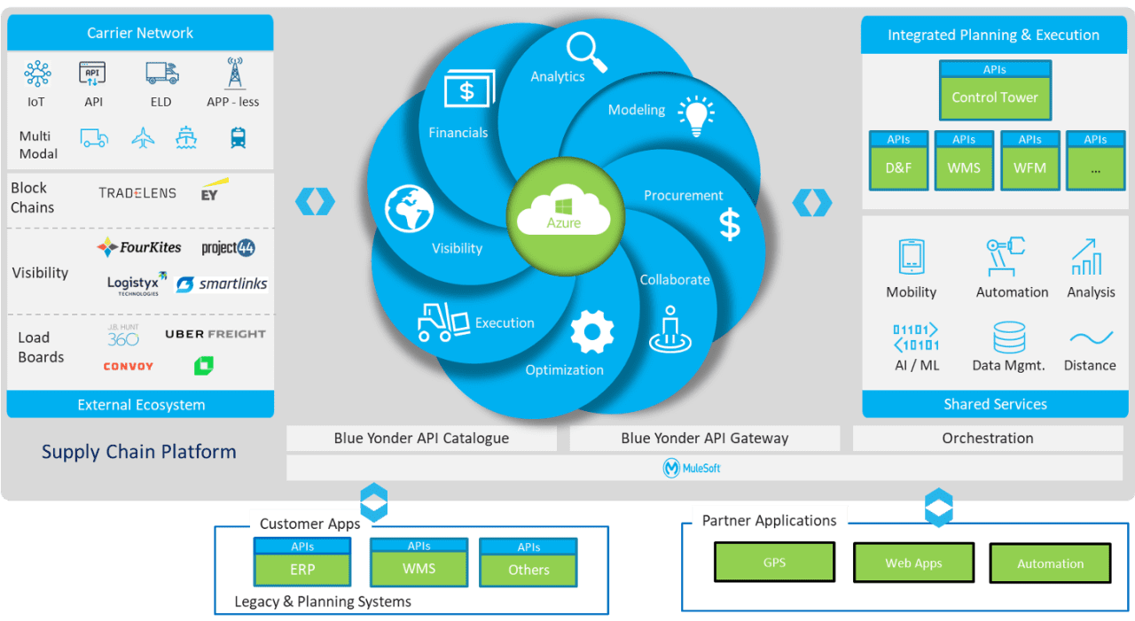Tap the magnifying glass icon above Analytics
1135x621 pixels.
[x=586, y=51]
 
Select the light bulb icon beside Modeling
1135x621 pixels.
[x=695, y=115]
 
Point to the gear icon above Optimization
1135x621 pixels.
[x=591, y=333]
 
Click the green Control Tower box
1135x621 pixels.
[x=995, y=97]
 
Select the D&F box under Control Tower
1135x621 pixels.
[x=898, y=167]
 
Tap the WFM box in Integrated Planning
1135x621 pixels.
[x=1029, y=167]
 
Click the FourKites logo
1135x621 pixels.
[x=139, y=247]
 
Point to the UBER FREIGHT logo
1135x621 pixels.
[x=215, y=334]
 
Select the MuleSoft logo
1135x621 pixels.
[x=692, y=468]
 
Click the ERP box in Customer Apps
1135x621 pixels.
[x=302, y=569]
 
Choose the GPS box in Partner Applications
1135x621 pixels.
[x=774, y=562]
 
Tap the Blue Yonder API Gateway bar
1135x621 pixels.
[x=704, y=438]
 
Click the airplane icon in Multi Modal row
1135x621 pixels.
[x=142, y=138]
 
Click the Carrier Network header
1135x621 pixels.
[x=140, y=33]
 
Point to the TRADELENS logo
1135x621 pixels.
[x=137, y=192]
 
